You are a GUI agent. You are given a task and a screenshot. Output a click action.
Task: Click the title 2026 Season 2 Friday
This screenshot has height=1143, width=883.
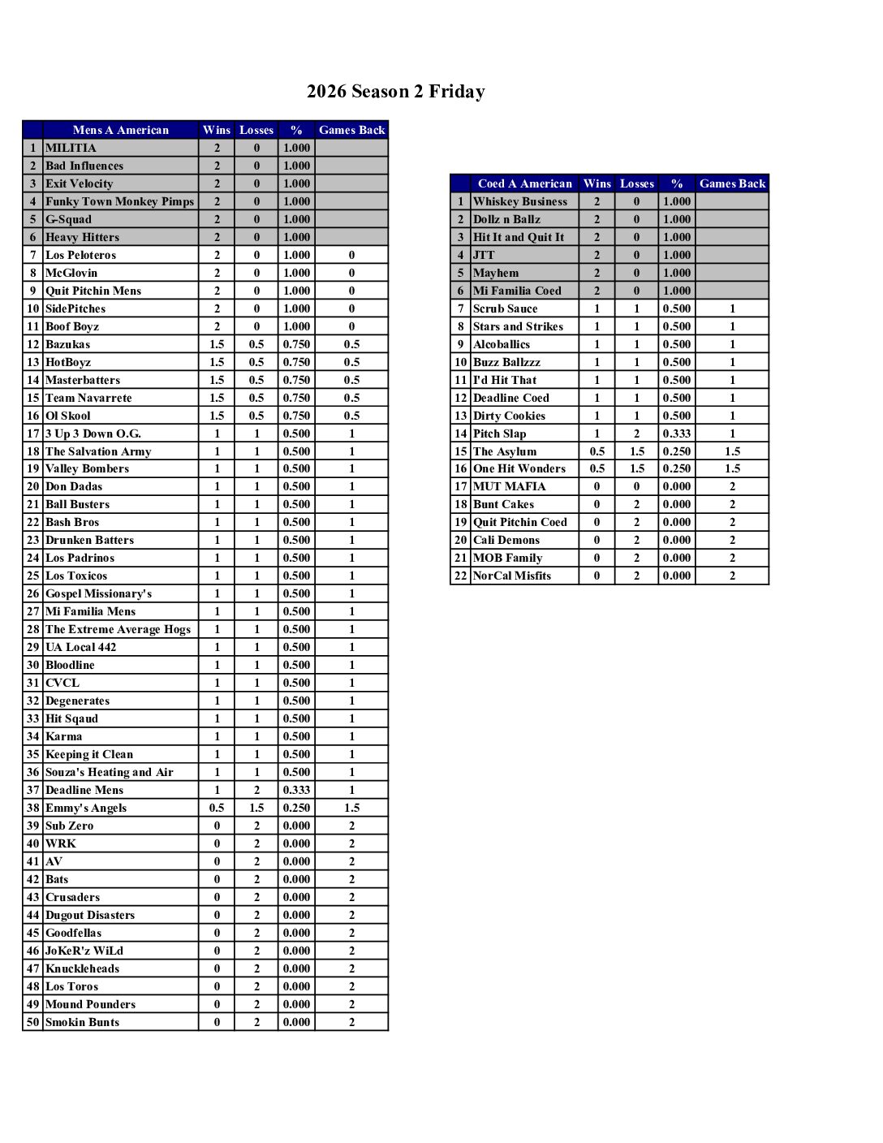click(x=395, y=92)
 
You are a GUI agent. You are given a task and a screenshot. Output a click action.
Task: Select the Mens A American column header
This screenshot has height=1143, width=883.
click(x=120, y=130)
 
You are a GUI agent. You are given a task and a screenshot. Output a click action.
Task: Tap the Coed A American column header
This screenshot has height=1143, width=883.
click(x=524, y=183)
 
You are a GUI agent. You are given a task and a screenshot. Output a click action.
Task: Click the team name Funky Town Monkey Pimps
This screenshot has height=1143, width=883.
click(x=119, y=201)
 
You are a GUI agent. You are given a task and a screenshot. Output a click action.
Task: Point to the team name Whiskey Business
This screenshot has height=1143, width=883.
click(x=520, y=201)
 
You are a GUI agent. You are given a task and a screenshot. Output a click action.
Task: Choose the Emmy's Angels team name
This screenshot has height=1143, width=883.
click(x=86, y=808)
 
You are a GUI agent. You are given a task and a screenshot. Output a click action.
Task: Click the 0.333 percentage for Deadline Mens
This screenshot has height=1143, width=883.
click(x=296, y=790)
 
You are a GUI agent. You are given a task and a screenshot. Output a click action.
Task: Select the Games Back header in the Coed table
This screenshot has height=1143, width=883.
click(x=732, y=183)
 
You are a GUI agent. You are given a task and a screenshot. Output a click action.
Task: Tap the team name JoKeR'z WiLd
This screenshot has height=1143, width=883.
click(x=84, y=951)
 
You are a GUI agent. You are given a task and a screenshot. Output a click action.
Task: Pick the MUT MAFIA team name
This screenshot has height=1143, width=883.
click(x=509, y=486)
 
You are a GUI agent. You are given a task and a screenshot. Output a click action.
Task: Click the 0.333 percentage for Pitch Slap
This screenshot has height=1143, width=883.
click(x=676, y=433)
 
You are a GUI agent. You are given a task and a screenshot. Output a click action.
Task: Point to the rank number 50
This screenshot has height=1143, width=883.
click(x=32, y=1022)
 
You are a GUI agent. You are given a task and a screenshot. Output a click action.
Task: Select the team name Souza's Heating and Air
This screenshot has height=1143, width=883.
click(x=109, y=772)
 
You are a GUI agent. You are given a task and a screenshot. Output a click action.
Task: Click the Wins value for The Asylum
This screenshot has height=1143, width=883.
click(x=597, y=451)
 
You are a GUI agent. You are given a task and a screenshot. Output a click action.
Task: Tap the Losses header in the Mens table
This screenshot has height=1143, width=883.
click(x=256, y=130)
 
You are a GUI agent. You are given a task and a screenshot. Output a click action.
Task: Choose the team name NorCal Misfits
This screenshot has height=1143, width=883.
click(x=511, y=576)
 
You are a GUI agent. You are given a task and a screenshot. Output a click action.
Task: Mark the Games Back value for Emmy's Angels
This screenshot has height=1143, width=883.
click(x=351, y=808)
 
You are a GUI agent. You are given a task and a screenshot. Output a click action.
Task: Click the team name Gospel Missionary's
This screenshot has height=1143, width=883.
click(x=98, y=593)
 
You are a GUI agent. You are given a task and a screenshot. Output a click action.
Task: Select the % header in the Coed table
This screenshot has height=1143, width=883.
click(x=676, y=183)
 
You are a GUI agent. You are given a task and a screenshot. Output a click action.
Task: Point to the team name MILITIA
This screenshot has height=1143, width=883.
click(x=71, y=148)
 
